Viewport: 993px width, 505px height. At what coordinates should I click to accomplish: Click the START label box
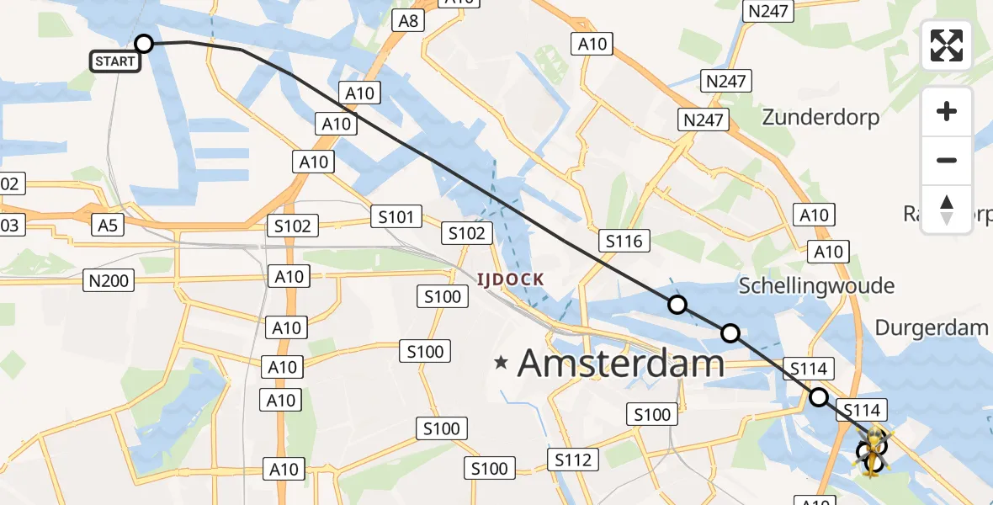pos(114,61)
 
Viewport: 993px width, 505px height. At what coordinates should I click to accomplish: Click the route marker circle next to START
pos(144,44)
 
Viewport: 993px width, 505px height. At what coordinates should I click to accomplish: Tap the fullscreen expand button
pos(947,45)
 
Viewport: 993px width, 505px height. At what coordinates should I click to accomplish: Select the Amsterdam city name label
pos(620,364)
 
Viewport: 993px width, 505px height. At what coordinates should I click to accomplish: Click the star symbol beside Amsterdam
pos(502,364)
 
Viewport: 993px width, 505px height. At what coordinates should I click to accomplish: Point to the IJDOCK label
pos(510,279)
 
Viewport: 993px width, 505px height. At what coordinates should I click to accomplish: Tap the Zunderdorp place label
pos(820,117)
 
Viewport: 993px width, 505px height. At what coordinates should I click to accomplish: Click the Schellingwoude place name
pos(816,286)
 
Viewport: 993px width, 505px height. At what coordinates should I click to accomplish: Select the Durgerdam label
pos(931,327)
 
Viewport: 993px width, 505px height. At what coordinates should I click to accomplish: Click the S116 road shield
pos(624,242)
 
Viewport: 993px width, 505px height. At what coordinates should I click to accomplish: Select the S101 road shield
pos(396,218)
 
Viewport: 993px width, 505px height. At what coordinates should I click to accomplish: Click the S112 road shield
pos(575,460)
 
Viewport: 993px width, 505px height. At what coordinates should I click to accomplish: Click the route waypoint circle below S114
pos(818,397)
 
